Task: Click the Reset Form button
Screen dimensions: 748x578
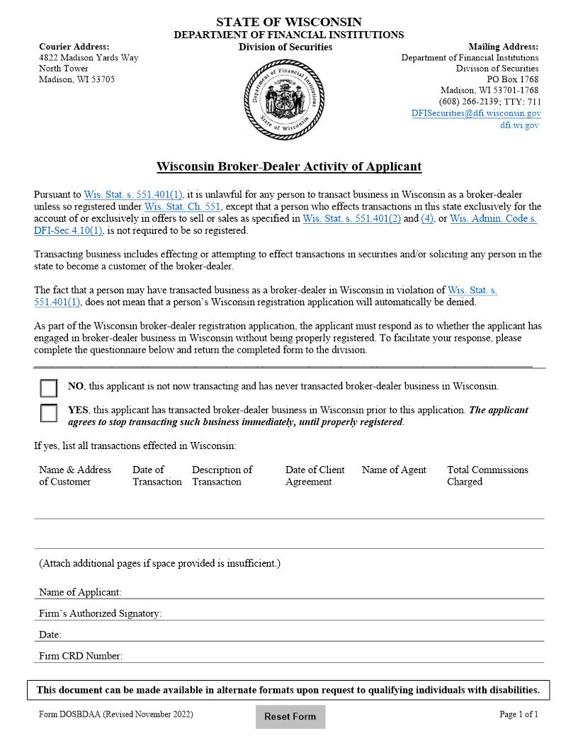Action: click(x=290, y=716)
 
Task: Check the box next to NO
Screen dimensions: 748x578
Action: click(x=49, y=388)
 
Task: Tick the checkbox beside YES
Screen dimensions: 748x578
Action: click(x=49, y=413)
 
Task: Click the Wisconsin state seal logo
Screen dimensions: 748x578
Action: click(x=284, y=98)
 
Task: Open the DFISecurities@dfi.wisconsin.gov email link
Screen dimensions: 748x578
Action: click(x=476, y=113)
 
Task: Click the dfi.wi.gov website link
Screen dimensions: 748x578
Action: click(x=519, y=125)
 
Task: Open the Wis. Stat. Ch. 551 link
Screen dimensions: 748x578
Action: click(x=182, y=207)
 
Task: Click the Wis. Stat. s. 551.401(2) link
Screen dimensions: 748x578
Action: click(x=351, y=219)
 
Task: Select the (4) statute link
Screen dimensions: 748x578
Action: click(x=427, y=219)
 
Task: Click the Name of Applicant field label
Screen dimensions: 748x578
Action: click(x=80, y=592)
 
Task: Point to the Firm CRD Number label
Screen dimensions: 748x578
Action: click(x=81, y=656)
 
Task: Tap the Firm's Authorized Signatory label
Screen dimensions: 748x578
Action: click(x=100, y=613)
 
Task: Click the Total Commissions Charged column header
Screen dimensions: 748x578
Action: click(x=487, y=475)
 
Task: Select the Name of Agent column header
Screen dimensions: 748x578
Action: click(x=394, y=470)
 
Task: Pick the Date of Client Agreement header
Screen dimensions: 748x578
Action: click(x=314, y=475)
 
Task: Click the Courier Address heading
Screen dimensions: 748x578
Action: click(x=74, y=47)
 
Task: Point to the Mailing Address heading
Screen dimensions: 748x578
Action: click(x=503, y=47)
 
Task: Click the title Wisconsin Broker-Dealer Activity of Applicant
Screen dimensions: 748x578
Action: click(x=289, y=167)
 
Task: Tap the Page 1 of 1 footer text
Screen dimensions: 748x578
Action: click(x=518, y=714)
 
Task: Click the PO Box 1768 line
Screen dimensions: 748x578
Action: click(x=513, y=79)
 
